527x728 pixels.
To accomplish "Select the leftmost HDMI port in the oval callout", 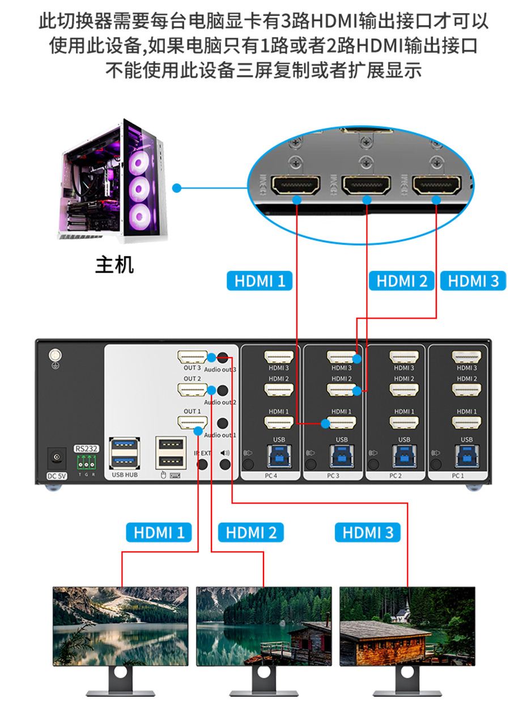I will point(296,185).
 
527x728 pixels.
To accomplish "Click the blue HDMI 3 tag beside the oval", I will point(473,281).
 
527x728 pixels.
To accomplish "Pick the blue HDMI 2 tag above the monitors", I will point(250,532).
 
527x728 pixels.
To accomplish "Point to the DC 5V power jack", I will point(56,457).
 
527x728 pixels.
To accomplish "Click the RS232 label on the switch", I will point(86,448).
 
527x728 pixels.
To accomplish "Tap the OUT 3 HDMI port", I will point(192,357).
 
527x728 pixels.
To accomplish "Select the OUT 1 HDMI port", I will point(192,423).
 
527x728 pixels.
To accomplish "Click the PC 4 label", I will point(270,476).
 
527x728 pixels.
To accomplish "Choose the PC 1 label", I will point(458,476).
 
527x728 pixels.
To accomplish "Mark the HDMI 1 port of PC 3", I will point(341,422).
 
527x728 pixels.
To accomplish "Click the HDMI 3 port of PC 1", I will point(466,357).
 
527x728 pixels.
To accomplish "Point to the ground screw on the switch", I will point(55,356).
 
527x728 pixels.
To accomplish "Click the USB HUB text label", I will point(125,475).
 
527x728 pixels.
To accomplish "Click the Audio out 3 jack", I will point(224,358).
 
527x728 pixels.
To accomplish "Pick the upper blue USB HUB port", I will point(125,443).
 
